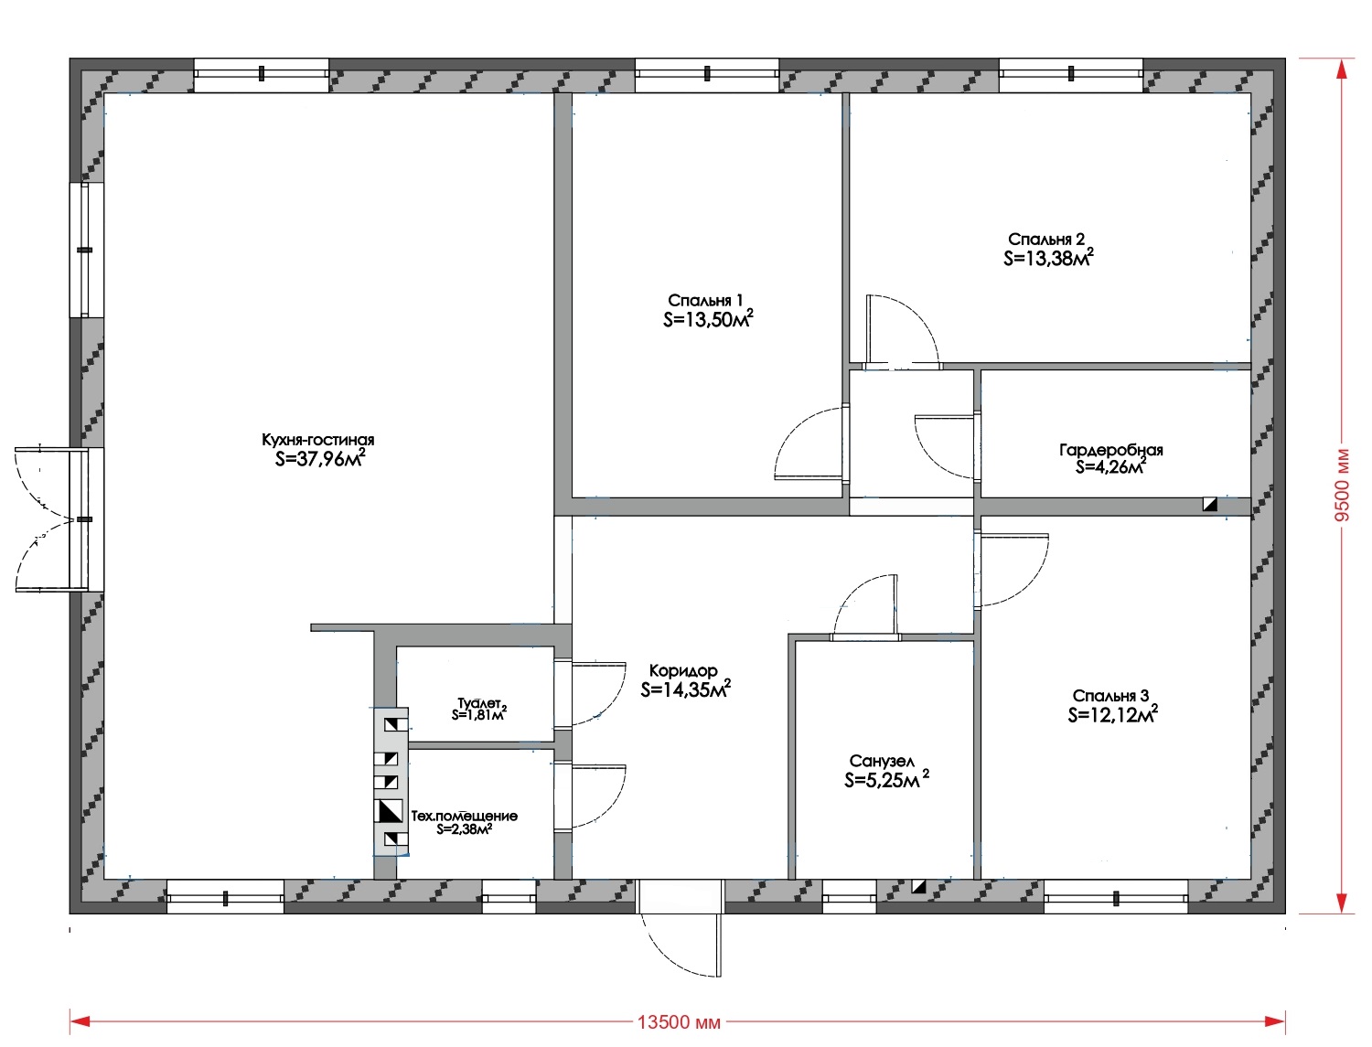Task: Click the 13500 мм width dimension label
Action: tap(679, 1022)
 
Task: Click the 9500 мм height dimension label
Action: tap(1342, 485)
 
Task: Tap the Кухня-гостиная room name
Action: tap(317, 440)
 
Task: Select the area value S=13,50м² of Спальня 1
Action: tap(708, 318)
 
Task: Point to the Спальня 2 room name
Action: tap(1046, 240)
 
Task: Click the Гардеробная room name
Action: tap(1110, 450)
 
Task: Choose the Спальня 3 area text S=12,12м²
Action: tap(1112, 713)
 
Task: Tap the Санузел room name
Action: tap(882, 761)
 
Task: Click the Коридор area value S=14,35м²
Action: tap(686, 689)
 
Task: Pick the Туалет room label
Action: tap(478, 703)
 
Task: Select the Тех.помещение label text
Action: tap(464, 816)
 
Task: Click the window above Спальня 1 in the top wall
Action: tap(707, 74)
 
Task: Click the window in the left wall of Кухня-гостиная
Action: tap(86, 250)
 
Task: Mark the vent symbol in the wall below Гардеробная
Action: tap(1210, 504)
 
